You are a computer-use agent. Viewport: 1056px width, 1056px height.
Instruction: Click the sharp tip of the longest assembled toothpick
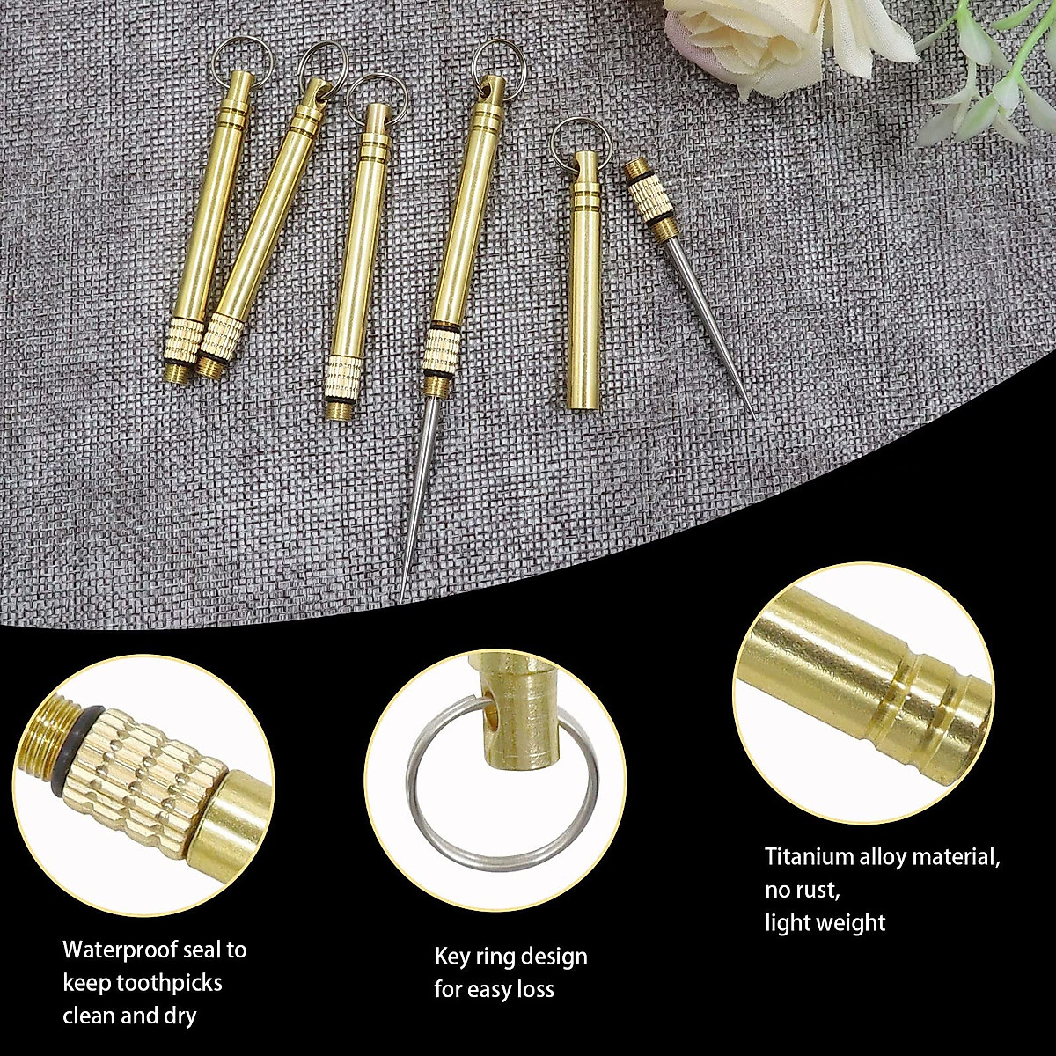click(x=403, y=598)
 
